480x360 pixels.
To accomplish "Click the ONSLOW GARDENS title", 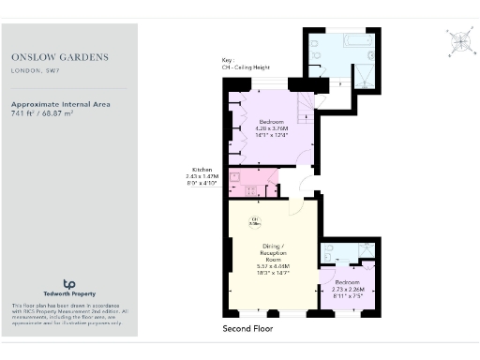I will click(59, 57).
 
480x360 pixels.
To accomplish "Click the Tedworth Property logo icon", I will click(68, 284).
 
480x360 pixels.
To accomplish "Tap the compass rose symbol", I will click(459, 41).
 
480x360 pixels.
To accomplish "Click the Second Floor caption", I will click(252, 330).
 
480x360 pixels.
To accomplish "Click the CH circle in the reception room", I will click(254, 221).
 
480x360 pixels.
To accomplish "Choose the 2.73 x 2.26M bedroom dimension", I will click(348, 290).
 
